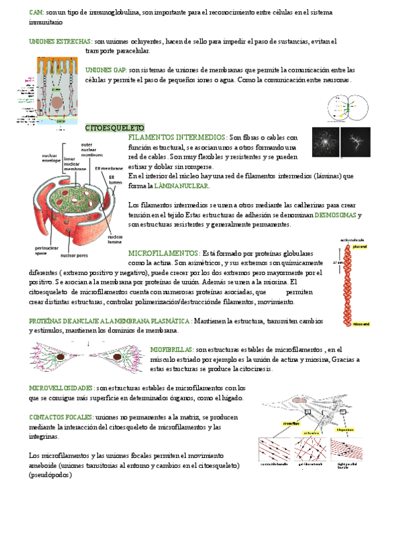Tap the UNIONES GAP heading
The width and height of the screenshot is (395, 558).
tap(107, 70)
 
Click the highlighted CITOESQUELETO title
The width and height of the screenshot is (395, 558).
tap(115, 127)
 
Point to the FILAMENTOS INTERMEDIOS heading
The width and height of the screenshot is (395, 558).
tap(177, 138)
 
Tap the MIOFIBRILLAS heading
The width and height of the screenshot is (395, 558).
tap(171, 349)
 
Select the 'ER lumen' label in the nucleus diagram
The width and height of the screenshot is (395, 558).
tap(117, 180)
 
